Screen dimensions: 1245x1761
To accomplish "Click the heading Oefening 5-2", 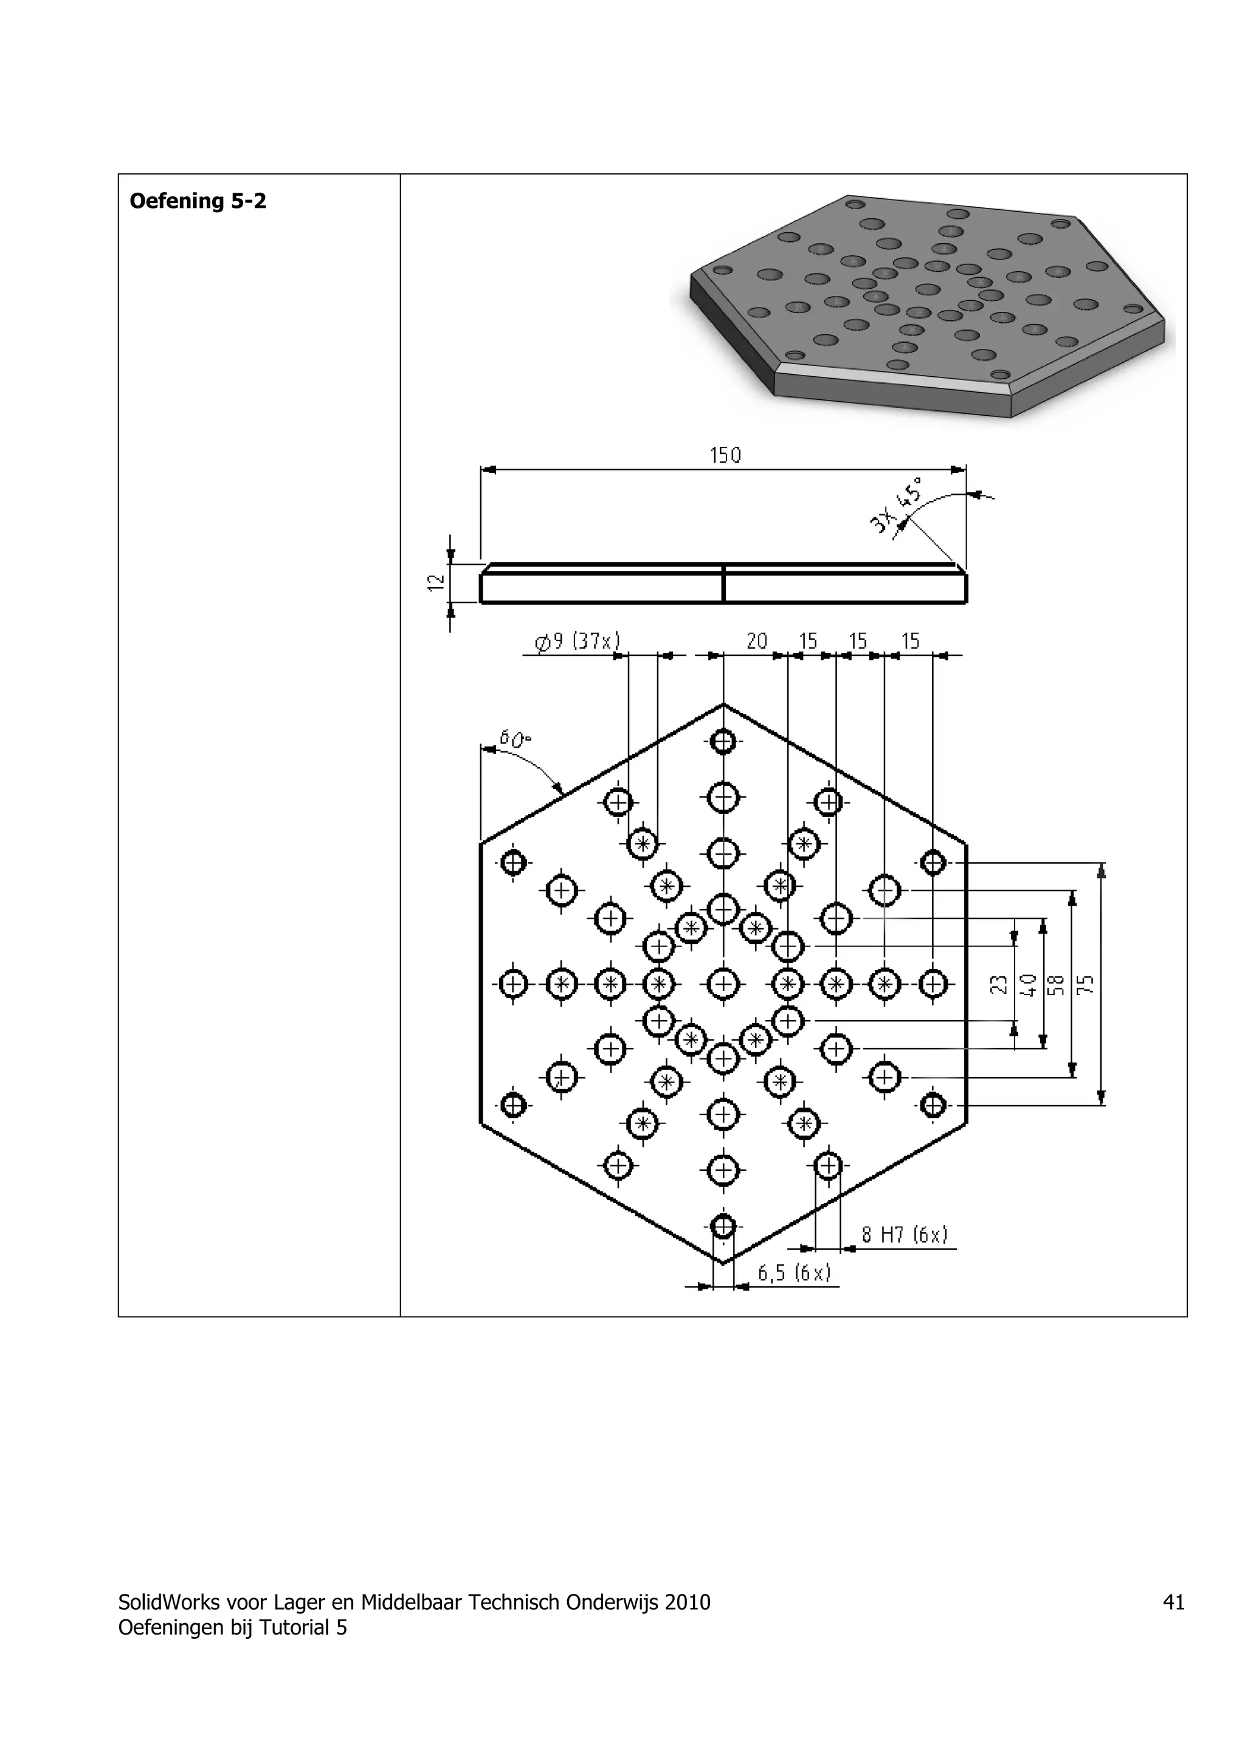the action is point(198,202).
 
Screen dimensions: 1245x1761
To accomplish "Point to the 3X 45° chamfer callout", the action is point(897,504).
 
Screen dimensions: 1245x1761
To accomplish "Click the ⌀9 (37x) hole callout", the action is point(577,641).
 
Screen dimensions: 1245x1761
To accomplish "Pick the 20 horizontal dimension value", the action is point(757,641).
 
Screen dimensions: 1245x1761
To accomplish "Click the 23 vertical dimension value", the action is point(999,984).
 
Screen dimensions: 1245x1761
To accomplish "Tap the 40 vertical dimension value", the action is point(1029,984).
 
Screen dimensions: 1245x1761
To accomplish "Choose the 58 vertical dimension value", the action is point(1057,984).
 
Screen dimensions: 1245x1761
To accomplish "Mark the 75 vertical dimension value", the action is point(1086,984).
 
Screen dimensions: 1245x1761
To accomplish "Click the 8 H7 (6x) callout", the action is point(905,1234).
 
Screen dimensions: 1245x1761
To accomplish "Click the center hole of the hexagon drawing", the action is point(723,984).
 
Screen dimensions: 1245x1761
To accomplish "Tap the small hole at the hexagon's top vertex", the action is point(723,742).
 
